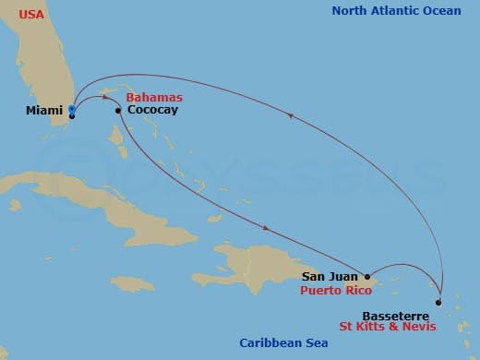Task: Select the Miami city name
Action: [x=45, y=111]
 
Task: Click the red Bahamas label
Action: [x=153, y=97]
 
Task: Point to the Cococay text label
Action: [x=153, y=111]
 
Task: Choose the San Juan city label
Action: [x=330, y=276]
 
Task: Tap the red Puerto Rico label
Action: [x=337, y=289]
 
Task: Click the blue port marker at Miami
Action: [x=71, y=109]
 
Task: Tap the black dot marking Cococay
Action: [x=118, y=111]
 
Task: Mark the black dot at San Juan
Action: [x=367, y=276]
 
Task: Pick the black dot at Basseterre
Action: [x=438, y=302]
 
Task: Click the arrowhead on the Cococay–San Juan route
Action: [x=268, y=227]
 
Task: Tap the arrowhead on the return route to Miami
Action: [x=292, y=115]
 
